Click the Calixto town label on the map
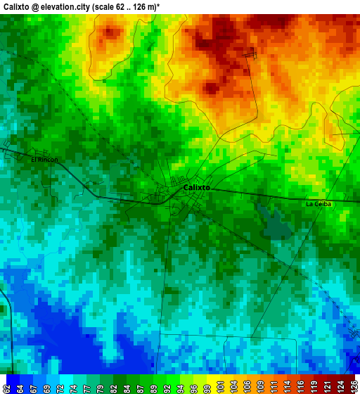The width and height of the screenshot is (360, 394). [x=196, y=188]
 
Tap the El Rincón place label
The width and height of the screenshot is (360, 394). [x=44, y=160]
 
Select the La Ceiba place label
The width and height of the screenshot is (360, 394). [x=318, y=204]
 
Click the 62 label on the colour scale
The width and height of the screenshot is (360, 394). [x=6, y=385]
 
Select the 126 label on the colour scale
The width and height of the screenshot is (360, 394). [x=353, y=385]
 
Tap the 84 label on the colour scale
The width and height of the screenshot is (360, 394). [x=127, y=385]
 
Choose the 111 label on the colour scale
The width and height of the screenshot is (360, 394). [x=274, y=385]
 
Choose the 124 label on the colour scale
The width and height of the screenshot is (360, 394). [x=340, y=385]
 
